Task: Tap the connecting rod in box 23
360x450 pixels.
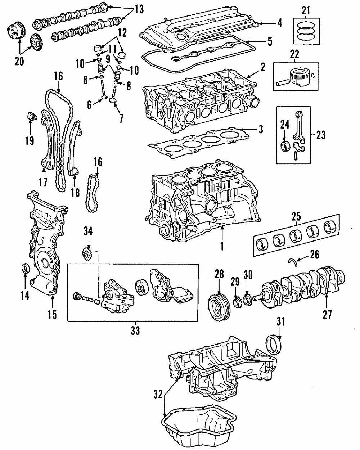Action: click(x=298, y=129)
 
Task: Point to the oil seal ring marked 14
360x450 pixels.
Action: click(x=25, y=269)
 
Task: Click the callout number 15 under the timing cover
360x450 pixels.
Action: click(x=52, y=314)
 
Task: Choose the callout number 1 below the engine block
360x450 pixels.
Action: click(x=222, y=246)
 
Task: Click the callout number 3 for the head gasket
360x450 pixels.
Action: click(x=261, y=129)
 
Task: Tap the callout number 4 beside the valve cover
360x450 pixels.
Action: click(x=279, y=24)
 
